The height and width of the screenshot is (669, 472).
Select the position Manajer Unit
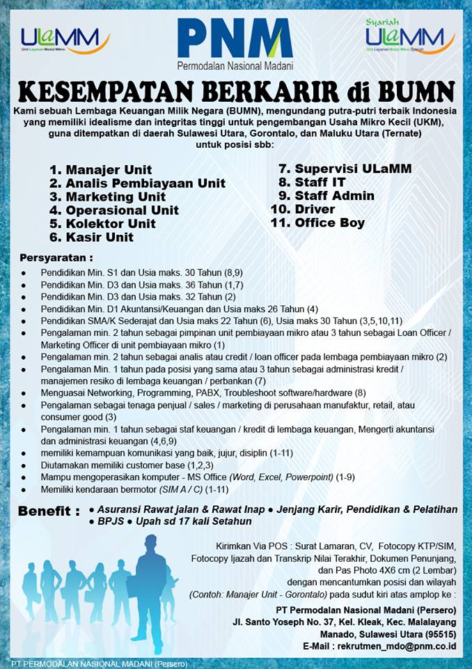tap(101, 169)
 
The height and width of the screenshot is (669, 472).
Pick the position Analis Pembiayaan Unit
tap(138, 183)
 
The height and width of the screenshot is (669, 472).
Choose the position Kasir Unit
tap(91, 237)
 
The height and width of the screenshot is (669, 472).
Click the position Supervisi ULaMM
tap(345, 169)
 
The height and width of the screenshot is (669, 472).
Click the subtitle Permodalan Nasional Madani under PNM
tap(235, 67)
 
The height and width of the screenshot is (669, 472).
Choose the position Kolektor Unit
tap(102, 224)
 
